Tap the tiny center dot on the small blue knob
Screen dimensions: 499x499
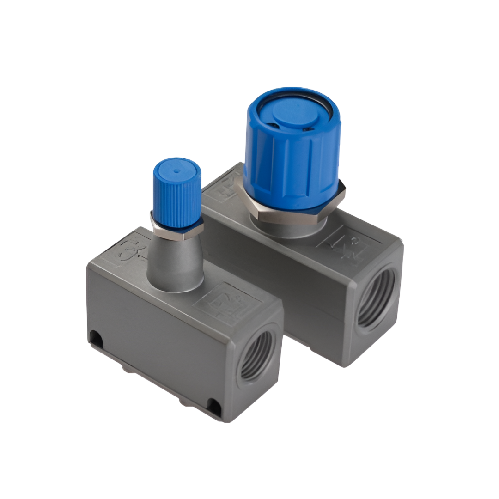[177, 170]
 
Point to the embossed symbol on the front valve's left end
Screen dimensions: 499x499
[129, 249]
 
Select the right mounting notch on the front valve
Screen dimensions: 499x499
[214, 407]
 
